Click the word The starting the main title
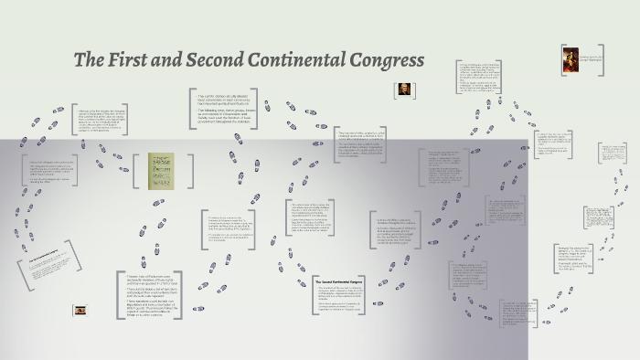(x=90, y=61)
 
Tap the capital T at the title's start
(x=80, y=61)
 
